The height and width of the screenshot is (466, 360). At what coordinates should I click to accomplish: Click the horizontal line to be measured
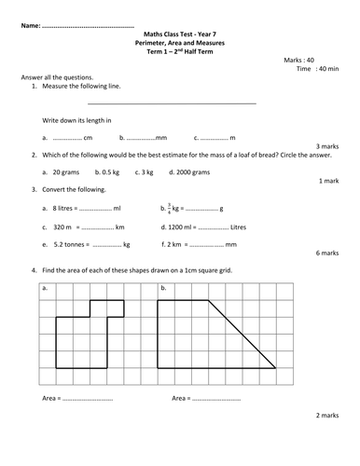(172, 102)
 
